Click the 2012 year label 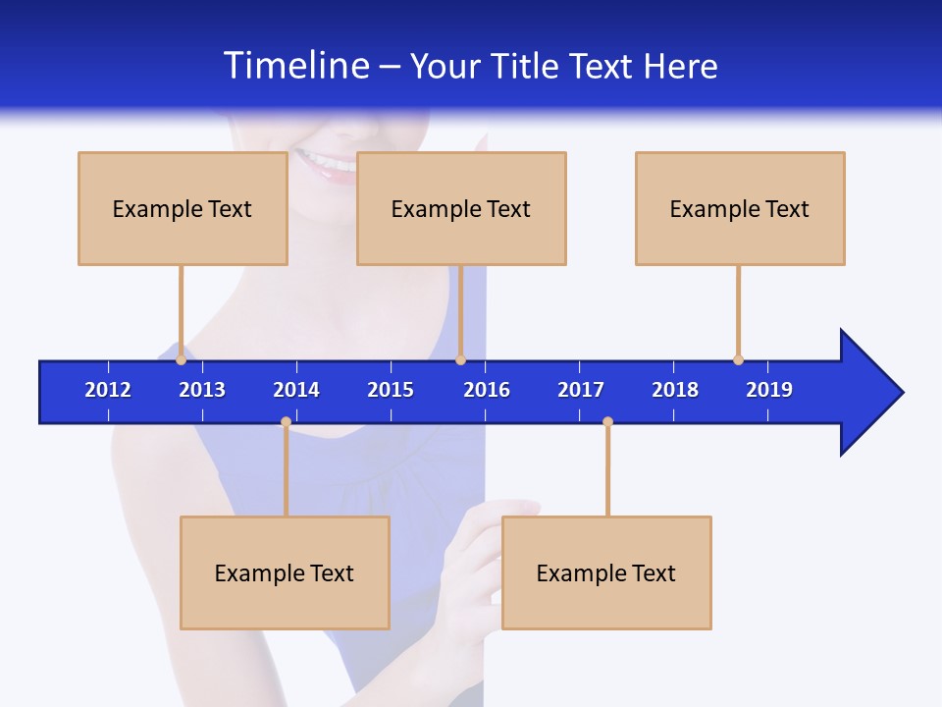tap(108, 390)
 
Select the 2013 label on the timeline tap(202, 390)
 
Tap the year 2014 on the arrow tap(296, 390)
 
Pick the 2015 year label tap(391, 390)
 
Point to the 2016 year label tap(487, 390)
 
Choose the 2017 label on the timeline tap(581, 390)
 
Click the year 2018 tap(675, 390)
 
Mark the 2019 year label tap(769, 390)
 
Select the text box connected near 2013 tap(183, 208)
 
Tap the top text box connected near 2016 tap(461, 208)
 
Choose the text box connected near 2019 tap(740, 208)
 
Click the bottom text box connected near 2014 tap(285, 572)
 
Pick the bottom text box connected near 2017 tap(606, 572)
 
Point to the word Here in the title tap(680, 66)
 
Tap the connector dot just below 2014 tap(286, 422)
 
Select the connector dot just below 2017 tap(607, 422)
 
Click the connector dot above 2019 tap(738, 359)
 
